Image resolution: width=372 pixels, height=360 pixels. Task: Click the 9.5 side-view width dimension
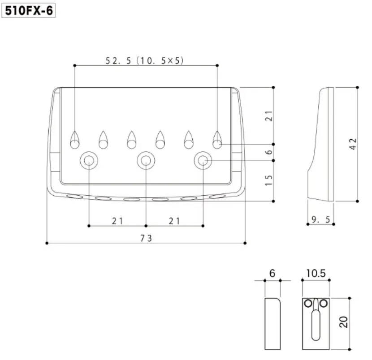(321, 219)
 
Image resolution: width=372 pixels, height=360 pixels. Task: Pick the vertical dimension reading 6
(268, 152)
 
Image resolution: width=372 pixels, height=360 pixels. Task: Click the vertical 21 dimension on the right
(268, 116)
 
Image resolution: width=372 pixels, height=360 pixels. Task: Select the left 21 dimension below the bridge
(117, 221)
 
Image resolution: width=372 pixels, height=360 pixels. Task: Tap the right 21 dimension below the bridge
(174, 221)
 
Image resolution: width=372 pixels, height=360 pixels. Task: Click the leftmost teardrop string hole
(74, 140)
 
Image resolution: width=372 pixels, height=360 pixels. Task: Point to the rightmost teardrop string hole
(217, 140)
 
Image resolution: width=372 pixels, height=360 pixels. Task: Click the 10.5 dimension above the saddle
(316, 273)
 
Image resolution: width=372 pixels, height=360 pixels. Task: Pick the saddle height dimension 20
(344, 321)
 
